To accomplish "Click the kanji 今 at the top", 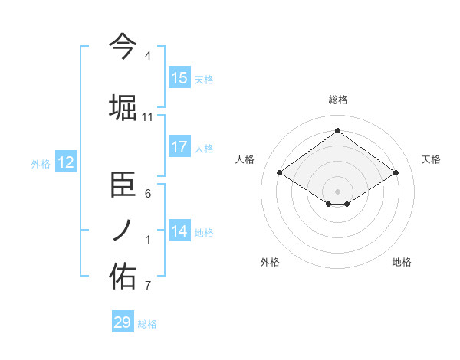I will [x=123, y=45].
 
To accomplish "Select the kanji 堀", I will [x=123, y=106].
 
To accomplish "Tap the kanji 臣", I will [x=123, y=184].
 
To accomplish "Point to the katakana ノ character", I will [x=123, y=231].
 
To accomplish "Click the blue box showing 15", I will [x=179, y=78].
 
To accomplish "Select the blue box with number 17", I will [x=179, y=148].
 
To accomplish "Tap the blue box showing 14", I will [x=179, y=231].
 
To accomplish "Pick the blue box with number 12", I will [x=66, y=162].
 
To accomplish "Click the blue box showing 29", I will [x=123, y=322].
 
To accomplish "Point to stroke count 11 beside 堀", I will [x=148, y=117].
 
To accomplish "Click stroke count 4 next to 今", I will [x=148, y=56].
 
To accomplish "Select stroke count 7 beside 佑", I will [x=148, y=286].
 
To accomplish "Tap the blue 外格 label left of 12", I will [x=41, y=163].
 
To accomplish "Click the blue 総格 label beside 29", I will [x=147, y=324].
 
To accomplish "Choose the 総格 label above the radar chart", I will [x=337, y=100].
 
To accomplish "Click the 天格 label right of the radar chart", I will [x=432, y=159].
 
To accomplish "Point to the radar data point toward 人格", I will [x=280, y=173].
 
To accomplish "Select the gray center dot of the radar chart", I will [x=337, y=190].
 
